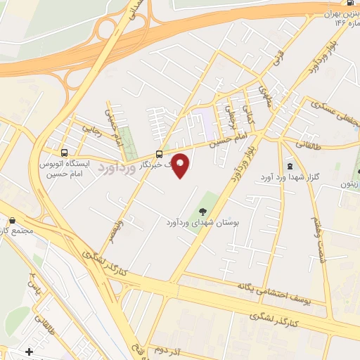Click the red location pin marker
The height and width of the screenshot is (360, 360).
click(181, 165)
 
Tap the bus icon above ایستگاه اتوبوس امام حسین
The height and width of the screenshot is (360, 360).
click(65, 152)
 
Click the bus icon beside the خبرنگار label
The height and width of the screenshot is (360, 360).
click(160, 153)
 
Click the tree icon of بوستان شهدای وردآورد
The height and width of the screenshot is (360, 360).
click(202, 211)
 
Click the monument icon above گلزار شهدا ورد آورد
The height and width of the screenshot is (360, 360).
click(291, 166)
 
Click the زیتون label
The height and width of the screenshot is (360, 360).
click(349, 181)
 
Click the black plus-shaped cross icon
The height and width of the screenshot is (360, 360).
click(28, 351)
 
